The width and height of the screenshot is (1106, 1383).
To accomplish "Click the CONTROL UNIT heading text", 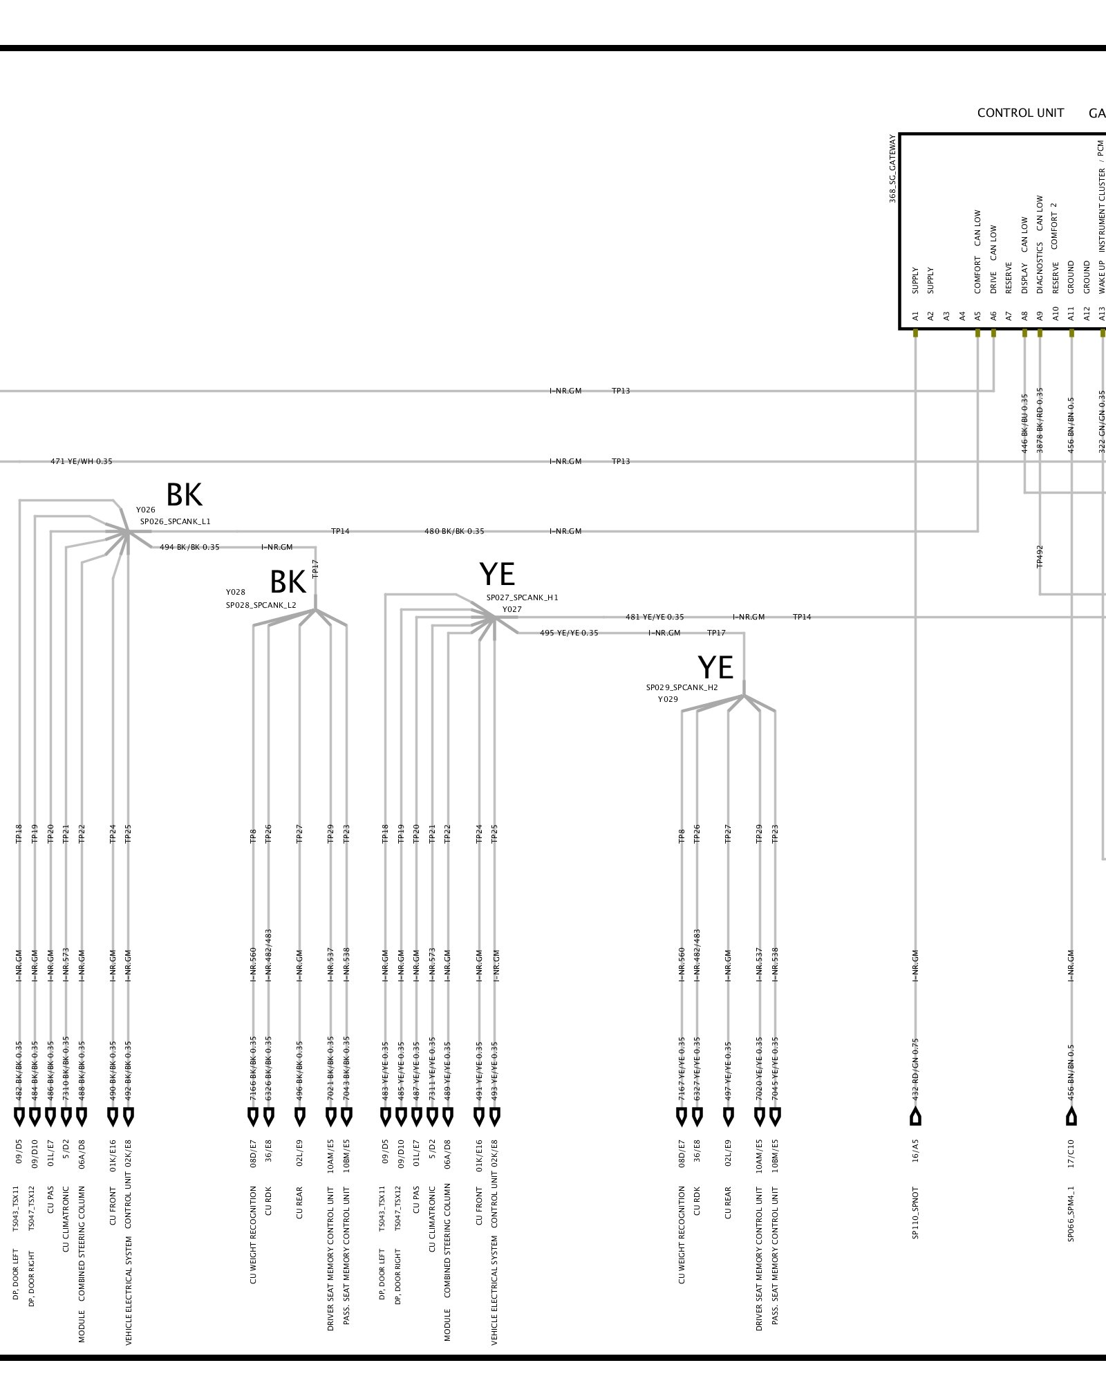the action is tap(1020, 113).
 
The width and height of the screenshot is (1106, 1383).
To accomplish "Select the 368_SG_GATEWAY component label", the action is tap(892, 169).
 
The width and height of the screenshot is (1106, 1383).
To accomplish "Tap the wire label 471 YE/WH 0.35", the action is tap(81, 461).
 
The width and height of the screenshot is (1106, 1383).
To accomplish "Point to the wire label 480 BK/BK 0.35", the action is tap(454, 531).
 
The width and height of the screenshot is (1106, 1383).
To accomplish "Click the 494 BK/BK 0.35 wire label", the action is tap(189, 547).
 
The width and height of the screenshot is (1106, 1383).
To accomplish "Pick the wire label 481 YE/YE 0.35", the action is tap(655, 617).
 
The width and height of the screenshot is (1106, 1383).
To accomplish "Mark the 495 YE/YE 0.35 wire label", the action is tap(569, 633).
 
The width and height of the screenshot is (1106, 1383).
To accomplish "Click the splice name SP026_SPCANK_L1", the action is tap(175, 521).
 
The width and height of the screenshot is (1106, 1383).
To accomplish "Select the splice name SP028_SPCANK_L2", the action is tap(261, 605).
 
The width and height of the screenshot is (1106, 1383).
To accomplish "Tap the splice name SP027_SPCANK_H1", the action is tap(522, 597).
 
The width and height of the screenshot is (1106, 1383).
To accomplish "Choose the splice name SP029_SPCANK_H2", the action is tap(682, 687).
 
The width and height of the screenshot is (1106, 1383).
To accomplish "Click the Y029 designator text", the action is tap(668, 699).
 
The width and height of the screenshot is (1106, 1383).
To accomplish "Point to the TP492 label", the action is tap(1040, 557).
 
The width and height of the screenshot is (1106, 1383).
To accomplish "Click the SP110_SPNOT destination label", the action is tap(915, 1213).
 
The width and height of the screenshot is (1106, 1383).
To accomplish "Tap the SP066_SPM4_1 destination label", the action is tap(1071, 1214).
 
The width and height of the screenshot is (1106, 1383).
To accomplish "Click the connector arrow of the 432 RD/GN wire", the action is tap(915, 1116).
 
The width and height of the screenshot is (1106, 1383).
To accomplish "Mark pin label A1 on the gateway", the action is tap(915, 315).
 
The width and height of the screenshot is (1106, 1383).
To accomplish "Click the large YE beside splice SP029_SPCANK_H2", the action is tap(715, 667).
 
